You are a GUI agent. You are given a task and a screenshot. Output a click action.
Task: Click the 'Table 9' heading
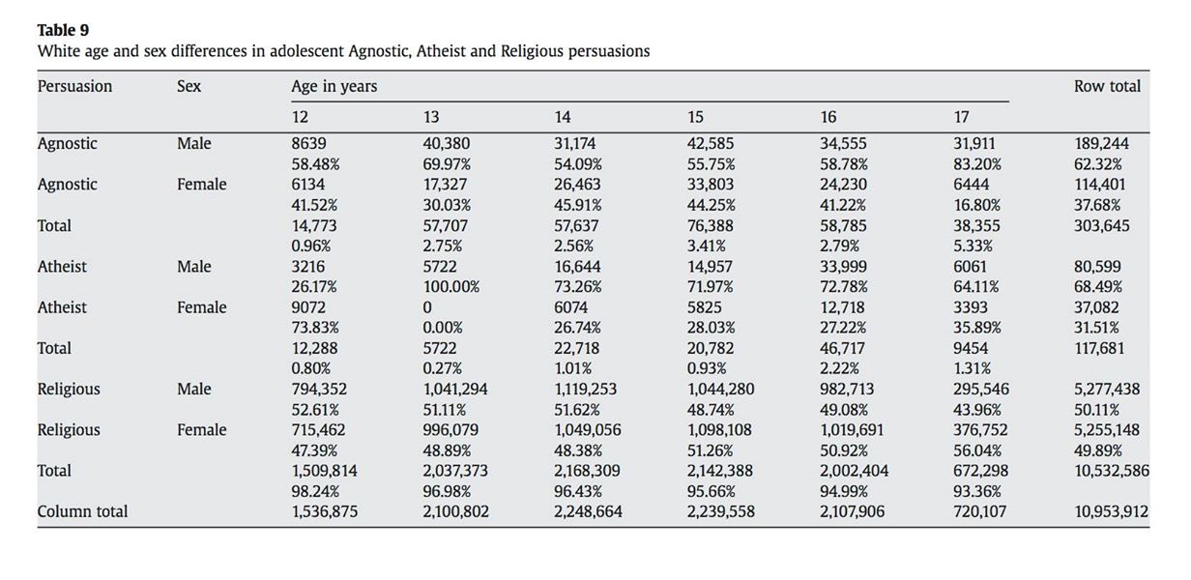(x=63, y=30)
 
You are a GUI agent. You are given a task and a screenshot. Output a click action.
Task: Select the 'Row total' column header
(x=1107, y=86)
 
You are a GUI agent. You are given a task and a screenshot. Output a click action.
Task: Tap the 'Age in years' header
(x=334, y=86)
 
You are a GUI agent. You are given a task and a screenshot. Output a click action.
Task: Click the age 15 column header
(x=695, y=117)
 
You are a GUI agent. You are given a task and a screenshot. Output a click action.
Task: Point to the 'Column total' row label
(x=82, y=511)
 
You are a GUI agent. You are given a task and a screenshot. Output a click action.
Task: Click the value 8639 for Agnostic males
(x=308, y=143)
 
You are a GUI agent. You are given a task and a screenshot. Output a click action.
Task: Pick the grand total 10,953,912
(x=1111, y=511)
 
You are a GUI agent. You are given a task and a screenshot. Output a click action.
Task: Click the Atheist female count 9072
(x=308, y=307)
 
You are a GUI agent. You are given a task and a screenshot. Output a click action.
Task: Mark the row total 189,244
(x=1101, y=143)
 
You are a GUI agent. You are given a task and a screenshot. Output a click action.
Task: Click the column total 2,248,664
(x=588, y=511)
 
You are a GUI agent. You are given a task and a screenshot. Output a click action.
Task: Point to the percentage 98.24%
(x=315, y=491)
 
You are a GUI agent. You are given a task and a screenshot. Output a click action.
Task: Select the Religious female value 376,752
(x=980, y=430)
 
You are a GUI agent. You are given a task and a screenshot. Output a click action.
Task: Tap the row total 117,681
(x=1100, y=348)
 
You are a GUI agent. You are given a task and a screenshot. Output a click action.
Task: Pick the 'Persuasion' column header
(x=74, y=86)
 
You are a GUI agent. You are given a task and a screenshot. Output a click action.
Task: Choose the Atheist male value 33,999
(x=843, y=267)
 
